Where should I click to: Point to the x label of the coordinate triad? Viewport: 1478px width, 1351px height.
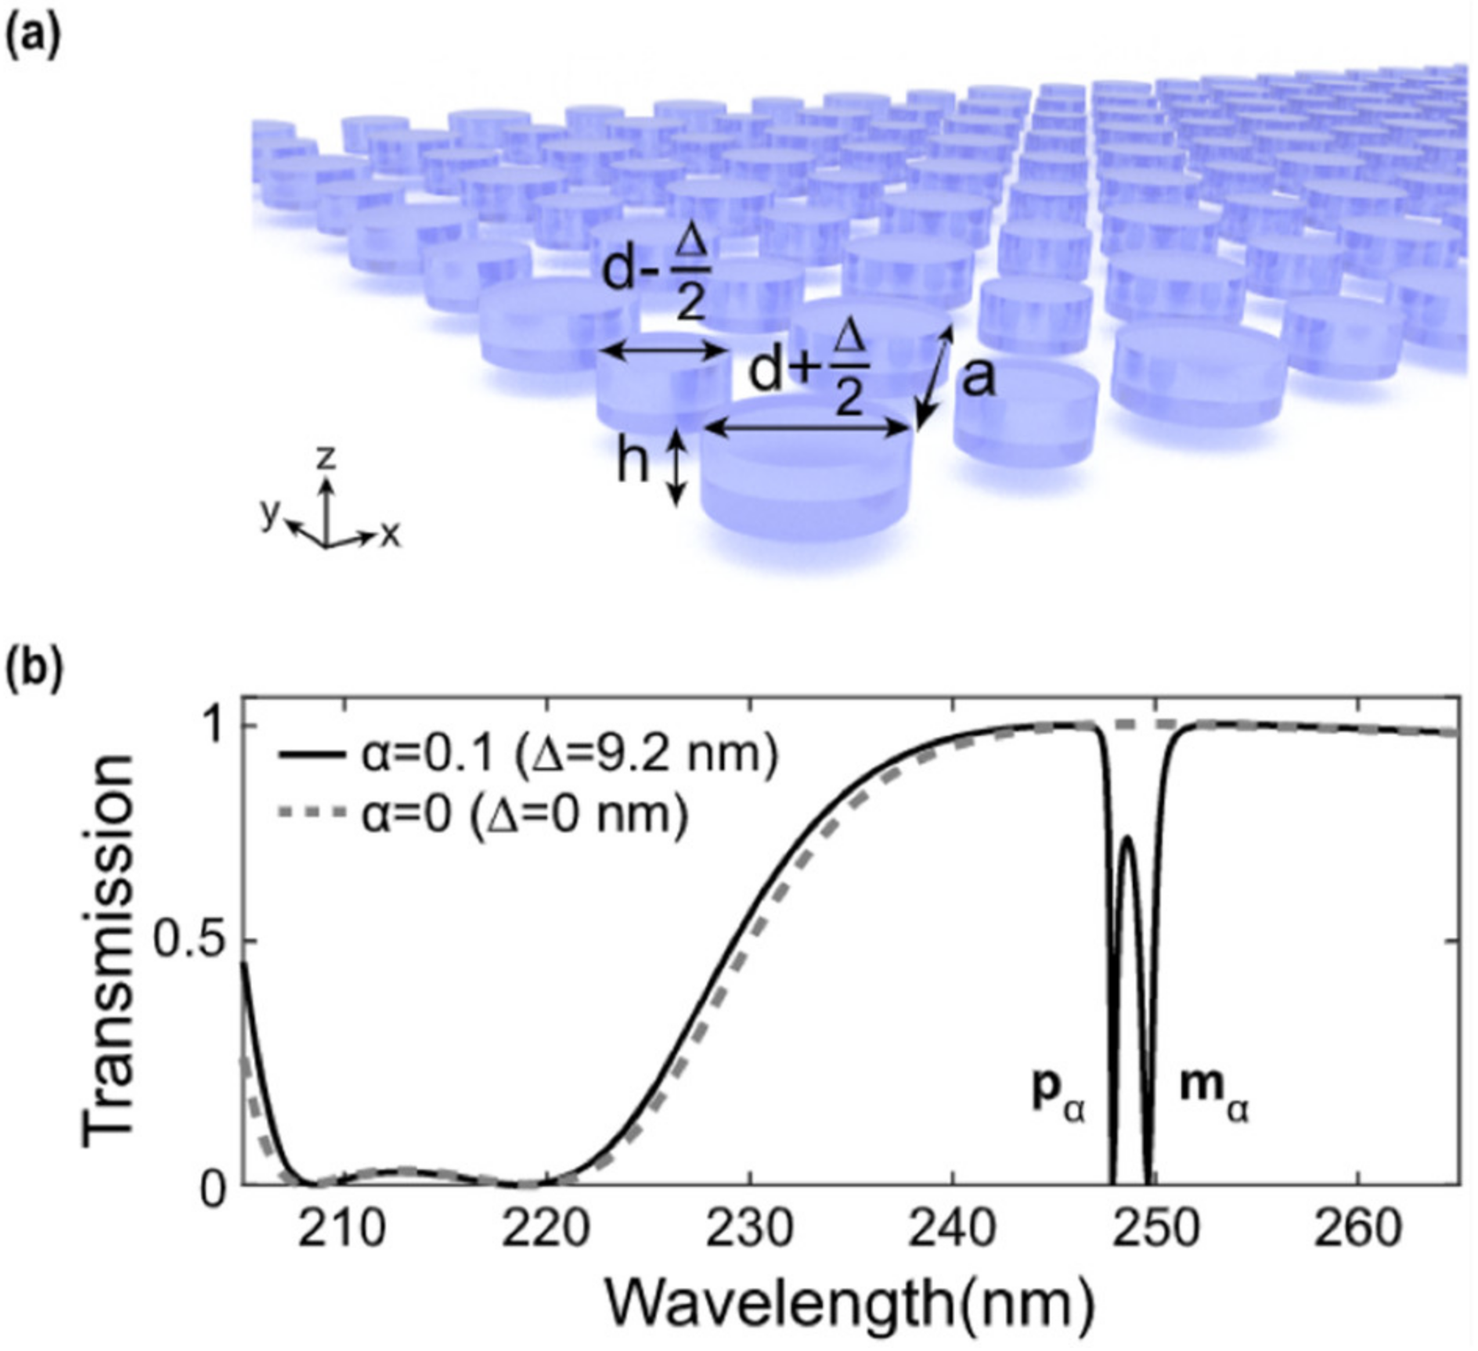click(391, 535)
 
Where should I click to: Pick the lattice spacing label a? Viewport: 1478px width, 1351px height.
click(978, 379)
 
